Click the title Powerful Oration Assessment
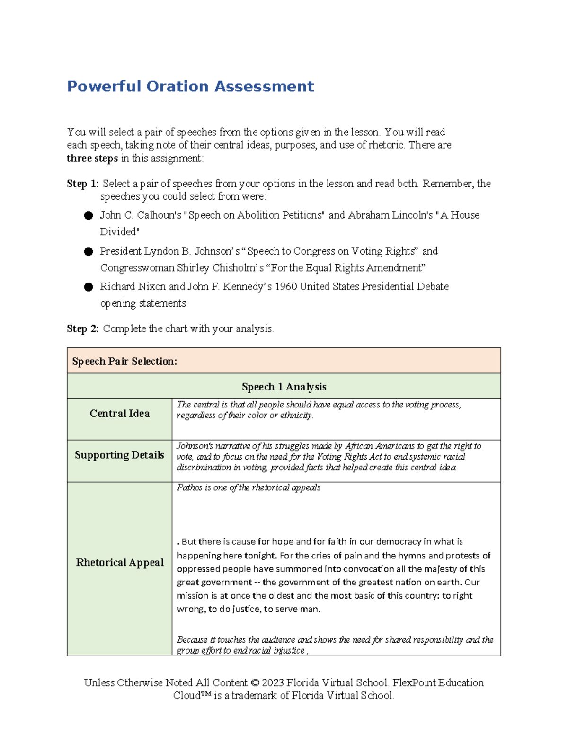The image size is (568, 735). (190, 87)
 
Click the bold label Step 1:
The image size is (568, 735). (83, 184)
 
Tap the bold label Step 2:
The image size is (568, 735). (83, 328)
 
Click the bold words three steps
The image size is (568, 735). (92, 159)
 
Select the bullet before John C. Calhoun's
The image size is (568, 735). (89, 216)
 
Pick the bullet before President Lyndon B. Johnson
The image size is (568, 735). (89, 252)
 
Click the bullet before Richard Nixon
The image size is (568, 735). (89, 287)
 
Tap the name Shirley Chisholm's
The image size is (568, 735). (220, 268)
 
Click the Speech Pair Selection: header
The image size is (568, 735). (124, 362)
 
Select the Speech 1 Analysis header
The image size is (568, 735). (284, 387)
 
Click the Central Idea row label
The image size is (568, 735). (120, 414)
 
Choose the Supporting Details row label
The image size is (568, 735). (119, 455)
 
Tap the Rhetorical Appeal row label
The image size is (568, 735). (120, 563)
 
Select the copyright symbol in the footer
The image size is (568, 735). (255, 683)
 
